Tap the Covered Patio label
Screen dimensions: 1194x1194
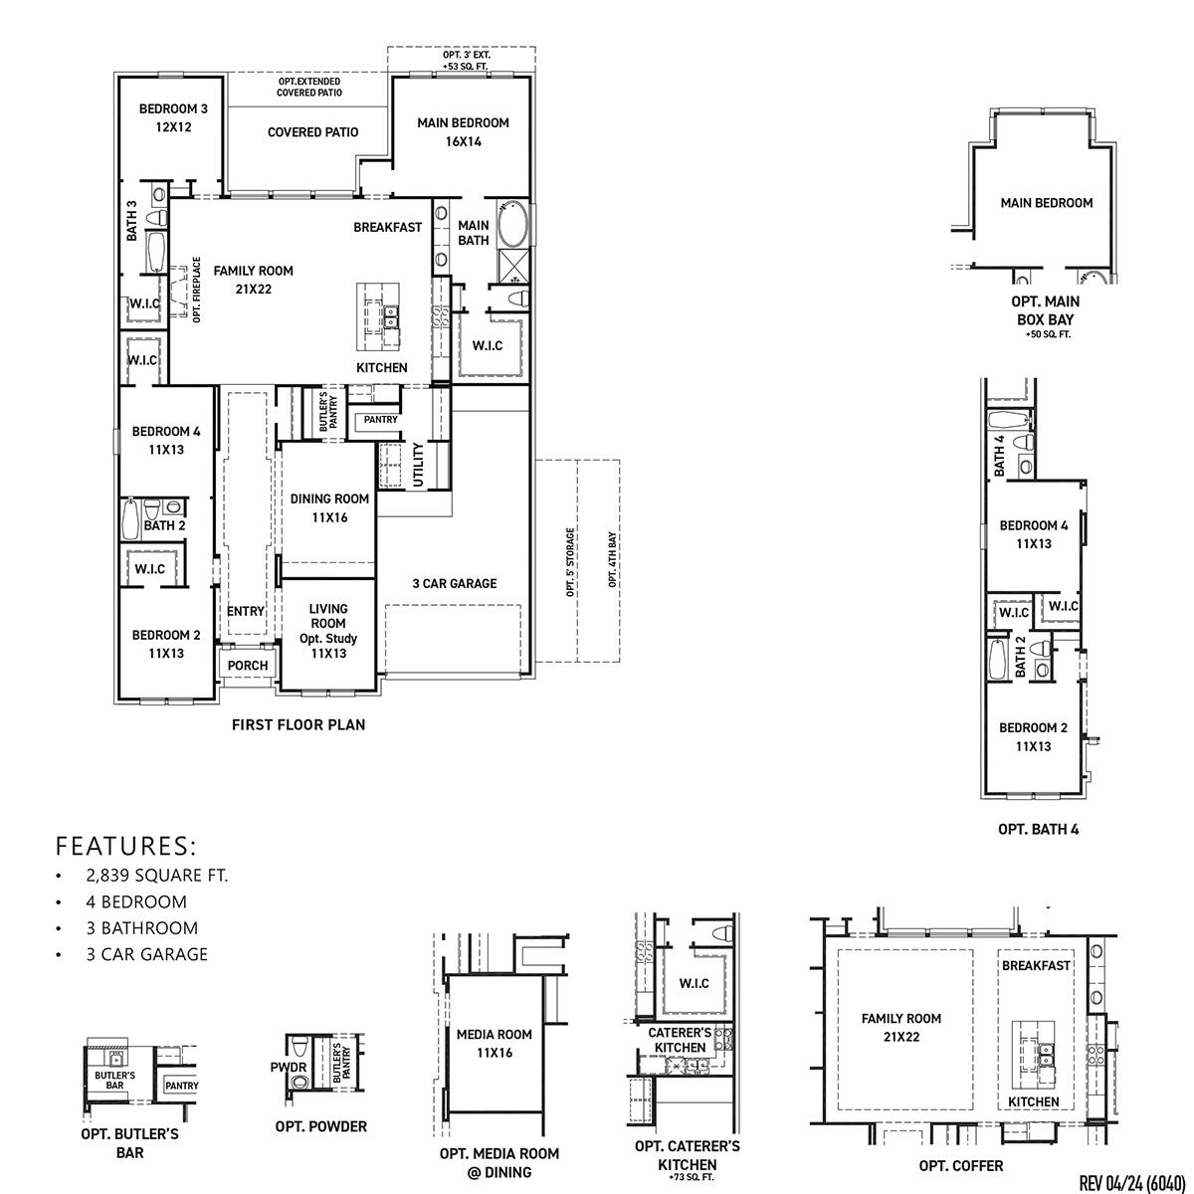tap(312, 132)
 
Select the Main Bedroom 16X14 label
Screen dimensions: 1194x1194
tap(463, 132)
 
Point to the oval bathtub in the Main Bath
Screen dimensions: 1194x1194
tap(514, 224)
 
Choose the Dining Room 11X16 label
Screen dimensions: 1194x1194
tap(329, 507)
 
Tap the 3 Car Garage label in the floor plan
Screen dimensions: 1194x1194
tap(455, 583)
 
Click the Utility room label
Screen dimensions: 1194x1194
tap(418, 465)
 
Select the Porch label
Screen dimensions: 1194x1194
tap(248, 666)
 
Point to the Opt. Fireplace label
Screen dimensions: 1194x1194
tap(197, 290)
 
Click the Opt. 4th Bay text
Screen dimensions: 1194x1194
tap(613, 559)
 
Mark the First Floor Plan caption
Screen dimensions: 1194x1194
tap(298, 725)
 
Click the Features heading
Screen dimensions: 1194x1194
tap(126, 847)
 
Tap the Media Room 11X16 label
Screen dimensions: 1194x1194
tap(495, 1043)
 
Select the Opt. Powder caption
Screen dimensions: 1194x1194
tap(321, 1126)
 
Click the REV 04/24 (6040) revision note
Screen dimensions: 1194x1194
tap(1131, 1182)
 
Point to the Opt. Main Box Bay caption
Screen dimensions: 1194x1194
tap(1046, 310)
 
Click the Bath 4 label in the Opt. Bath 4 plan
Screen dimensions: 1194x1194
tap(1000, 456)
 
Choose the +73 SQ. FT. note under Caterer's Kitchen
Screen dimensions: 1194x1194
tap(689, 1177)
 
